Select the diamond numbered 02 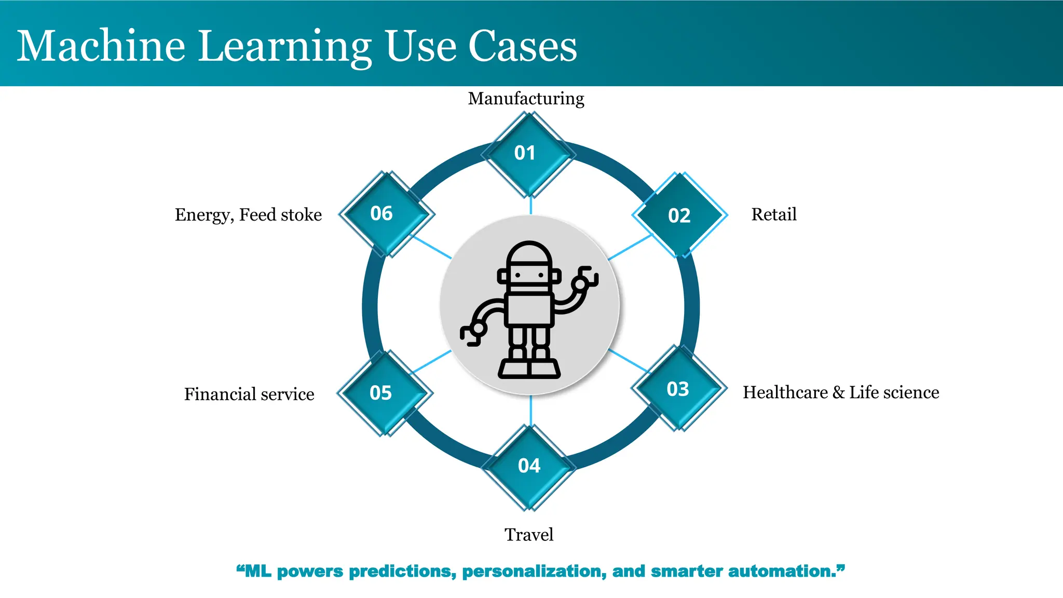(679, 215)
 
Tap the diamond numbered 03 (678, 389)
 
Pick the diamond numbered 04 (529, 466)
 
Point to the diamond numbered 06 (385, 213)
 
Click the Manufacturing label (526, 99)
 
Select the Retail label (773, 214)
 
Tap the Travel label (528, 535)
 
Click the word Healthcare (785, 392)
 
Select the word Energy (203, 215)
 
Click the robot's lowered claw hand (474, 332)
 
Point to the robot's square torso (529, 309)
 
